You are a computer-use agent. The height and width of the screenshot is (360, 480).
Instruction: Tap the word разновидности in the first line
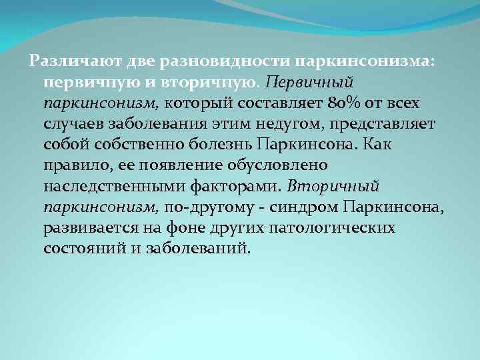tap(213, 62)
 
